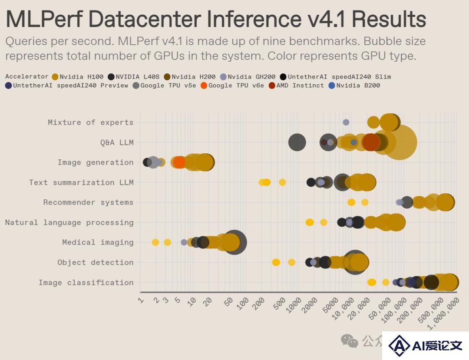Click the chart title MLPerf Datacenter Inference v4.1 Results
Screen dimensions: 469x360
point(216,19)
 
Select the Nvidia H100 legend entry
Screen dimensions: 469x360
point(77,77)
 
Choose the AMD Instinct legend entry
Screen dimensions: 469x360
point(296,86)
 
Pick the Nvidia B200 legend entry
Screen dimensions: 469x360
point(354,86)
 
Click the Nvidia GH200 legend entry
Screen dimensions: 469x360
point(248,77)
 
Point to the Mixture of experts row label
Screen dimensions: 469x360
point(91,122)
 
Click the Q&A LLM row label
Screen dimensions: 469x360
point(117,142)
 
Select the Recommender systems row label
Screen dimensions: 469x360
point(88,202)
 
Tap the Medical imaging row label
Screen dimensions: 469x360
point(98,242)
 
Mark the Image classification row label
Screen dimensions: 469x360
point(86,283)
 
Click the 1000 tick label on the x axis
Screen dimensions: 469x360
point(294,306)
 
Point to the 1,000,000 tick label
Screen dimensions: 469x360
point(443,314)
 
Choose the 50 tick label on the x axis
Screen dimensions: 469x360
point(228,302)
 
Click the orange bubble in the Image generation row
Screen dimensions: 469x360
point(179,162)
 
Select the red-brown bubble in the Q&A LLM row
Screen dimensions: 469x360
point(371,142)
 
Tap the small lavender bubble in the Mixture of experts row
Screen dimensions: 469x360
point(346,122)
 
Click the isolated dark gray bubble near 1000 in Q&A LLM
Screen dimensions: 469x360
point(297,142)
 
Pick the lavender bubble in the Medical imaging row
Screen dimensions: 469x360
point(184,242)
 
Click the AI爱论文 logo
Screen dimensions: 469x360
point(425,345)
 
